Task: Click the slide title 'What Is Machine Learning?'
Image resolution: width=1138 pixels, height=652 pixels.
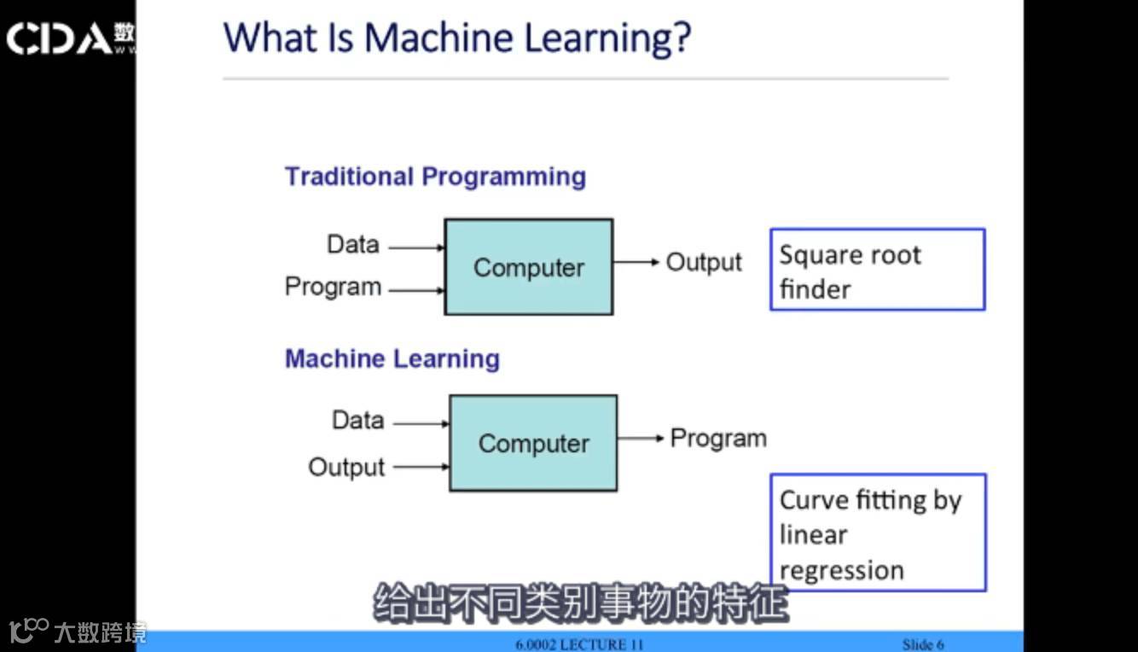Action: (x=456, y=38)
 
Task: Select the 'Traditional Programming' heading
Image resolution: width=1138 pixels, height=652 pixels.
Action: (x=435, y=177)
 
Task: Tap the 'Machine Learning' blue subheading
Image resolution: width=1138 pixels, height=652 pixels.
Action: (x=392, y=358)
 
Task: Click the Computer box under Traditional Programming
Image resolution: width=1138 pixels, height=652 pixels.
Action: (x=528, y=267)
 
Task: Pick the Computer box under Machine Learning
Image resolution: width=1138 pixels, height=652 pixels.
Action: (x=533, y=443)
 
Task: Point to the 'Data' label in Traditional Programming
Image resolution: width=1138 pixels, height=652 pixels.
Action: (x=352, y=245)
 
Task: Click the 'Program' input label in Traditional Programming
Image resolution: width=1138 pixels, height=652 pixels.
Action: (x=333, y=287)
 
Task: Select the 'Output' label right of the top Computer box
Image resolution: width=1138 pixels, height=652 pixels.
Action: (x=704, y=262)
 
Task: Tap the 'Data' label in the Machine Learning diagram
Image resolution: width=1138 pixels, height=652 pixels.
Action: (x=357, y=421)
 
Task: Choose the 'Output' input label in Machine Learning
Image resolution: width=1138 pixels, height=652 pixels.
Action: (x=346, y=468)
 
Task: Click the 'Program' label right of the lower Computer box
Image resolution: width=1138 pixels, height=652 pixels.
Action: (x=718, y=439)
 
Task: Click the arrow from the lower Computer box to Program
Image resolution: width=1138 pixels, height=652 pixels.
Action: (x=641, y=438)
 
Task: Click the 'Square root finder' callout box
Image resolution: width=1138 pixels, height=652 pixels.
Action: (x=877, y=269)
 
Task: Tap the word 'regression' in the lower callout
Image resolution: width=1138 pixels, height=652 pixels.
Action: (x=841, y=570)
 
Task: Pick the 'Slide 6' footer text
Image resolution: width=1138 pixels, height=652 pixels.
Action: (x=923, y=644)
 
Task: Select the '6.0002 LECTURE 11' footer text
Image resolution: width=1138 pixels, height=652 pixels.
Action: (x=579, y=644)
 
